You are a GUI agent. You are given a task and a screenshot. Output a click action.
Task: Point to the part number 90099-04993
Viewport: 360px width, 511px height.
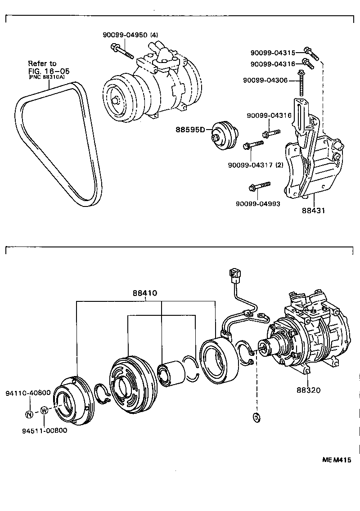(258, 203)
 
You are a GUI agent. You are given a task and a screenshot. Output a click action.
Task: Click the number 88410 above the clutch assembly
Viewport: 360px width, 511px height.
(144, 293)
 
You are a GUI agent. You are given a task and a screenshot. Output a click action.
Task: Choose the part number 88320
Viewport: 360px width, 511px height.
(308, 390)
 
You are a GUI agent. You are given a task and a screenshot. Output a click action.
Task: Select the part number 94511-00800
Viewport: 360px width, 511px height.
(44, 430)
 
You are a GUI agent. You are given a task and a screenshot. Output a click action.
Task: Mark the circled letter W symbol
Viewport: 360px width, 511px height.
(44, 410)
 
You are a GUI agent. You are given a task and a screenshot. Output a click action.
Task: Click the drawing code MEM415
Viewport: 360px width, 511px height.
(336, 460)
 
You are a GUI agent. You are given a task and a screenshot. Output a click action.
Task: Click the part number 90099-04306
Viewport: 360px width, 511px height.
(265, 80)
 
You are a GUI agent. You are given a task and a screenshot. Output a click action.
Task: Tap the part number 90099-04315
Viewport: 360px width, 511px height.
(272, 53)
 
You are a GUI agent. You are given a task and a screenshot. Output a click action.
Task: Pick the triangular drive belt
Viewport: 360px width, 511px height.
(58, 144)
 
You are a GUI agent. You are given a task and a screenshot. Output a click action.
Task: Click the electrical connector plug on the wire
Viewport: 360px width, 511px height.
(234, 274)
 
